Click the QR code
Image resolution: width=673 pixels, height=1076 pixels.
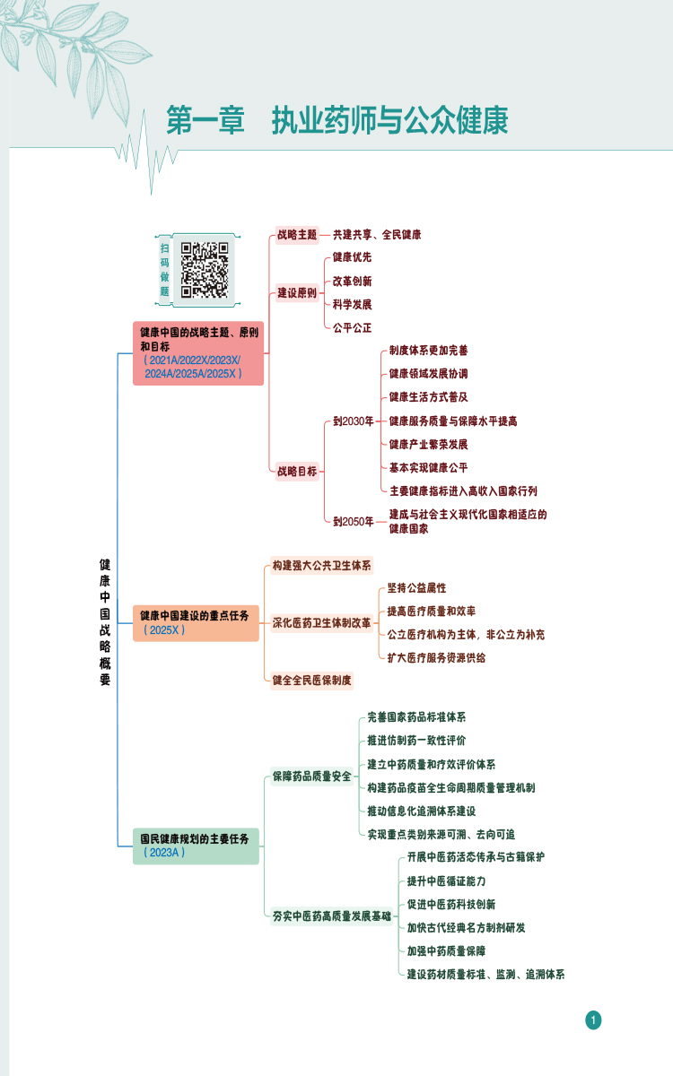point(205,270)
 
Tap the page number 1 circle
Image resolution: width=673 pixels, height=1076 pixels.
point(593,1020)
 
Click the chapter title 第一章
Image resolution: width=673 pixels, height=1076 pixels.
point(205,120)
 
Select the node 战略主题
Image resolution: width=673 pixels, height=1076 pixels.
point(297,235)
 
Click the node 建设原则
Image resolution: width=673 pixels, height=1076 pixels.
point(297,293)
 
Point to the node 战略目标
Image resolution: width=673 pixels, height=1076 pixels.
point(297,472)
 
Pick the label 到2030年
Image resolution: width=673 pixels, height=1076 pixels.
point(354,421)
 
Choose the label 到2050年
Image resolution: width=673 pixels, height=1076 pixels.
point(354,522)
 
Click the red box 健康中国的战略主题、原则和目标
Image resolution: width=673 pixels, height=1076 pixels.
point(198,353)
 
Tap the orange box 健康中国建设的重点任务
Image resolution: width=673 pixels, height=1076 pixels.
point(196,623)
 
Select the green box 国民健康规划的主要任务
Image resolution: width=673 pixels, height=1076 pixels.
point(196,846)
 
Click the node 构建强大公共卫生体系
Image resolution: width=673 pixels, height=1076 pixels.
point(321,566)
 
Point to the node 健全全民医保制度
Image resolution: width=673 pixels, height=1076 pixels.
point(312,681)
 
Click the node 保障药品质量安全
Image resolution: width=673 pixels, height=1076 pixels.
point(312,777)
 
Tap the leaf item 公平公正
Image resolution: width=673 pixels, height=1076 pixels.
point(353,328)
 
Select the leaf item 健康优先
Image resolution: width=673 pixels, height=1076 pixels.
point(353,257)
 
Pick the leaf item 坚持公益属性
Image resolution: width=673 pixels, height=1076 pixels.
point(416,588)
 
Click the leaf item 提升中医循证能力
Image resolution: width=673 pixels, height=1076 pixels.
point(447,881)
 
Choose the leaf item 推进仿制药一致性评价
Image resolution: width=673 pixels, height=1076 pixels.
point(416,741)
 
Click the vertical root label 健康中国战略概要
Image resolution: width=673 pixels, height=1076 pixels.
point(105,622)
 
